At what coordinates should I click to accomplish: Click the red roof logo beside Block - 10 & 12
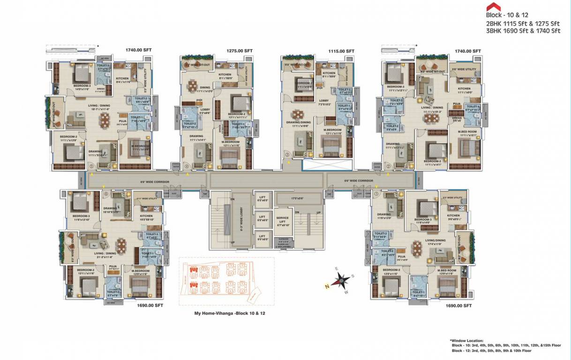[493, 7]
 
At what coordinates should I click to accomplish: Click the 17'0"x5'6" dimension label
[297, 198]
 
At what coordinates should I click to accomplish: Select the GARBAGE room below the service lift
[284, 243]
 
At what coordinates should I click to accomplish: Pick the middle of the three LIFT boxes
[262, 218]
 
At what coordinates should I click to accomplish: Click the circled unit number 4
[187, 166]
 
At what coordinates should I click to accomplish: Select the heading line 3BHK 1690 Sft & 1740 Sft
[524, 31]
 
